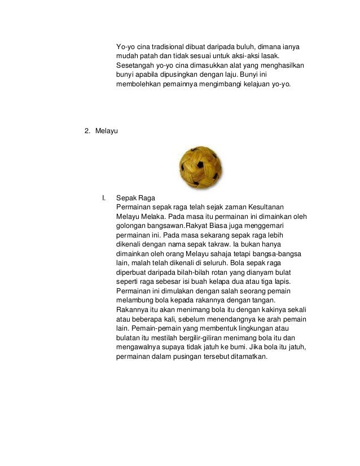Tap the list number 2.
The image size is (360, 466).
coord(87,131)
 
